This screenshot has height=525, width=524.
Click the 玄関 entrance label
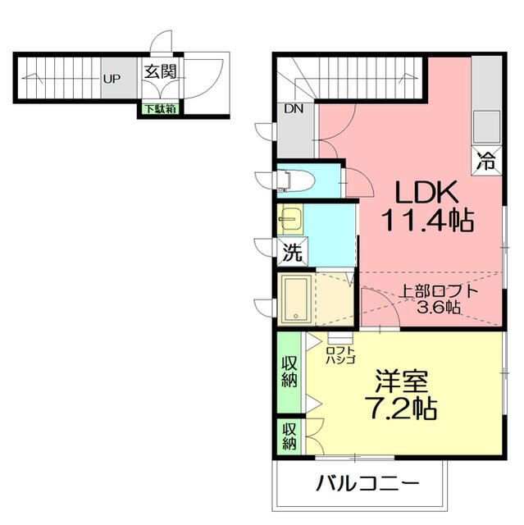tap(162, 71)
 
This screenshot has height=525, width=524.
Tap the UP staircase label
tap(112, 80)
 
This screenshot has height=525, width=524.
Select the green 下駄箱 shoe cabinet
tap(161, 108)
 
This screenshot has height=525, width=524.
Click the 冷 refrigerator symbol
tap(486, 161)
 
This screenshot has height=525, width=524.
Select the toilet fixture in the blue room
tap(293, 180)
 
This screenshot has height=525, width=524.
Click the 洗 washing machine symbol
tap(292, 253)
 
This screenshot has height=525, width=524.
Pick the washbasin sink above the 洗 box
tap(290, 220)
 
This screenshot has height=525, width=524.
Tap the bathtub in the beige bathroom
tap(294, 299)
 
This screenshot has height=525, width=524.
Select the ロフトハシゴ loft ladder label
tap(339, 353)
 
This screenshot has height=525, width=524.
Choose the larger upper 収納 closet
tap(289, 371)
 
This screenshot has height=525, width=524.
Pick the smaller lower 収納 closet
tap(289, 436)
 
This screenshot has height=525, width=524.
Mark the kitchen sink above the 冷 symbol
tap(485, 125)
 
